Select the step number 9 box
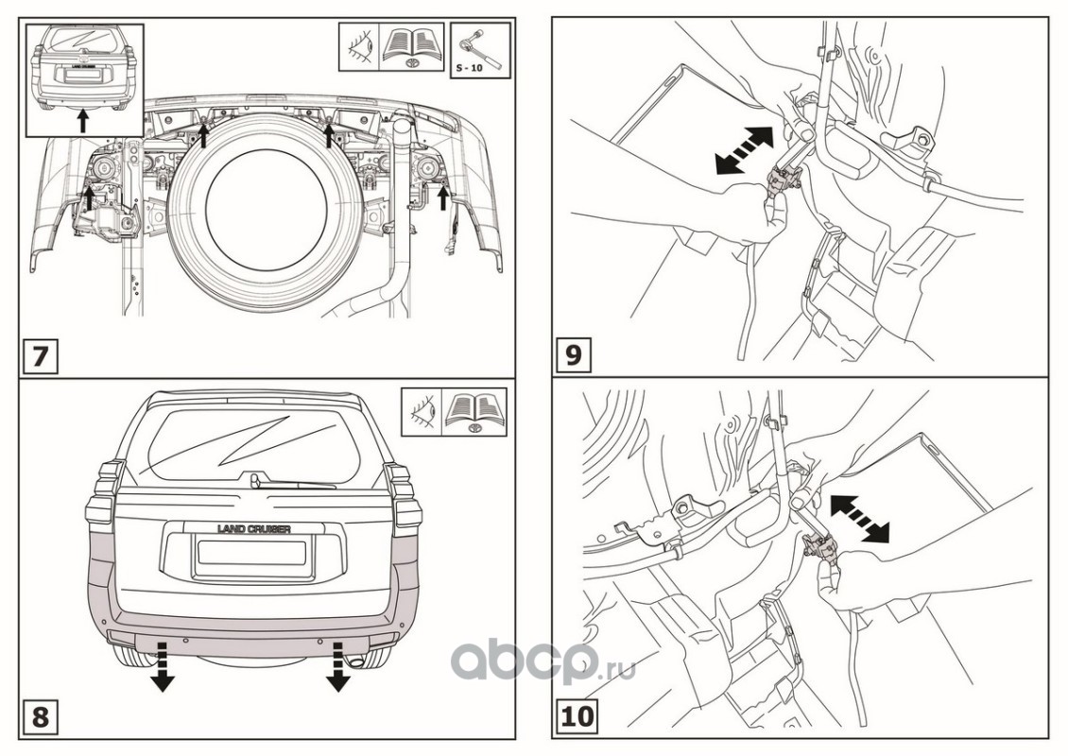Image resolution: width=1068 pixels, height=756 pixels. (x=573, y=355)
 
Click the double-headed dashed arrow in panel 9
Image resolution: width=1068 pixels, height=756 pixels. (x=745, y=150)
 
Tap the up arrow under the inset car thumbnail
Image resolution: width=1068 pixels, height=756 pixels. (x=82, y=120)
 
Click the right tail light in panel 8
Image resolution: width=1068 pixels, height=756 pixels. (x=406, y=501)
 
